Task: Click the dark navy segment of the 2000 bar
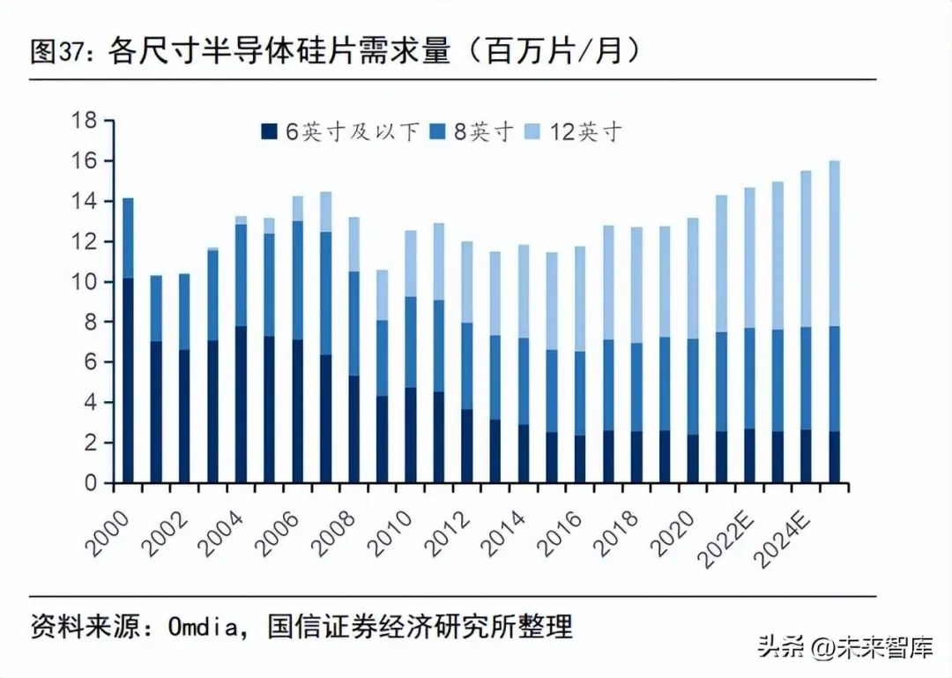click(x=128, y=379)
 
